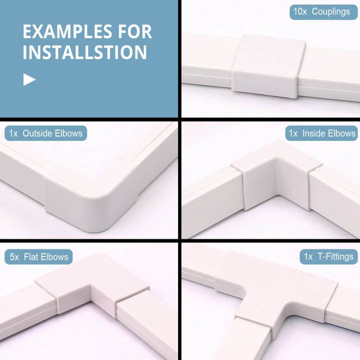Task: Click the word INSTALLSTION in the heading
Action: click(84, 51)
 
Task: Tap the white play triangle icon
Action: click(29, 79)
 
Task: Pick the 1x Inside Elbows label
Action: click(322, 133)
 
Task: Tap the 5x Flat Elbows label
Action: click(39, 257)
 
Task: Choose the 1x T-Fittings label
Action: click(328, 257)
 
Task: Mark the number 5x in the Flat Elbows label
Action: click(15, 257)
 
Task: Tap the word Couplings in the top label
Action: click(331, 11)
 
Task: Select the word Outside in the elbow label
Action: click(37, 133)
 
